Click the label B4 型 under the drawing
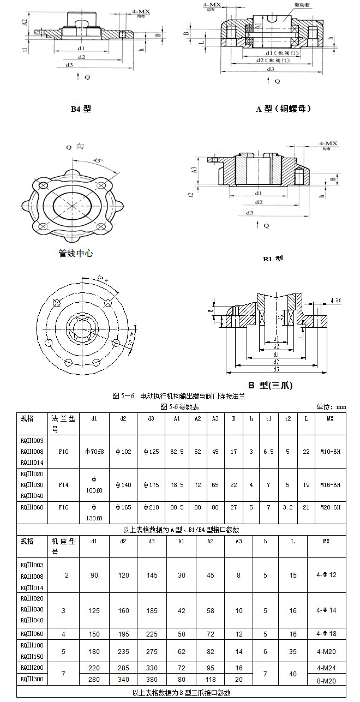[x=81, y=109]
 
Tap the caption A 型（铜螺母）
[x=284, y=109]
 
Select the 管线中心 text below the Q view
[x=76, y=253]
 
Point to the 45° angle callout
[x=97, y=161]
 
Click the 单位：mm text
[x=332, y=406]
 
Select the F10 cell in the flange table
[x=63, y=452]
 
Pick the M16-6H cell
[x=330, y=485]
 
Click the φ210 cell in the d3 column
[x=151, y=507]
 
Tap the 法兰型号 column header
[x=63, y=423]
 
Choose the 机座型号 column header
[x=63, y=546]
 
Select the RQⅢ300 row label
[x=32, y=679]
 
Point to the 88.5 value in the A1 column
[x=177, y=507]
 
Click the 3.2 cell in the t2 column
[x=287, y=507]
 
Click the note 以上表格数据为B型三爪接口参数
[x=182, y=693]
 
